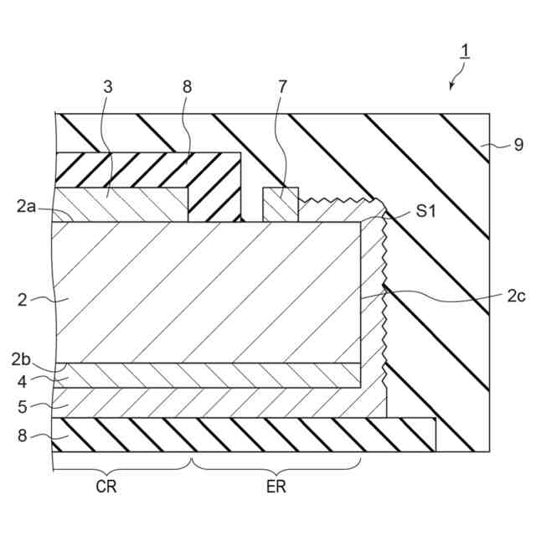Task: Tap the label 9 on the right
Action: pos(518,145)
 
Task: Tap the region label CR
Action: pos(106,487)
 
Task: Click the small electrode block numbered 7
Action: pos(281,204)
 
